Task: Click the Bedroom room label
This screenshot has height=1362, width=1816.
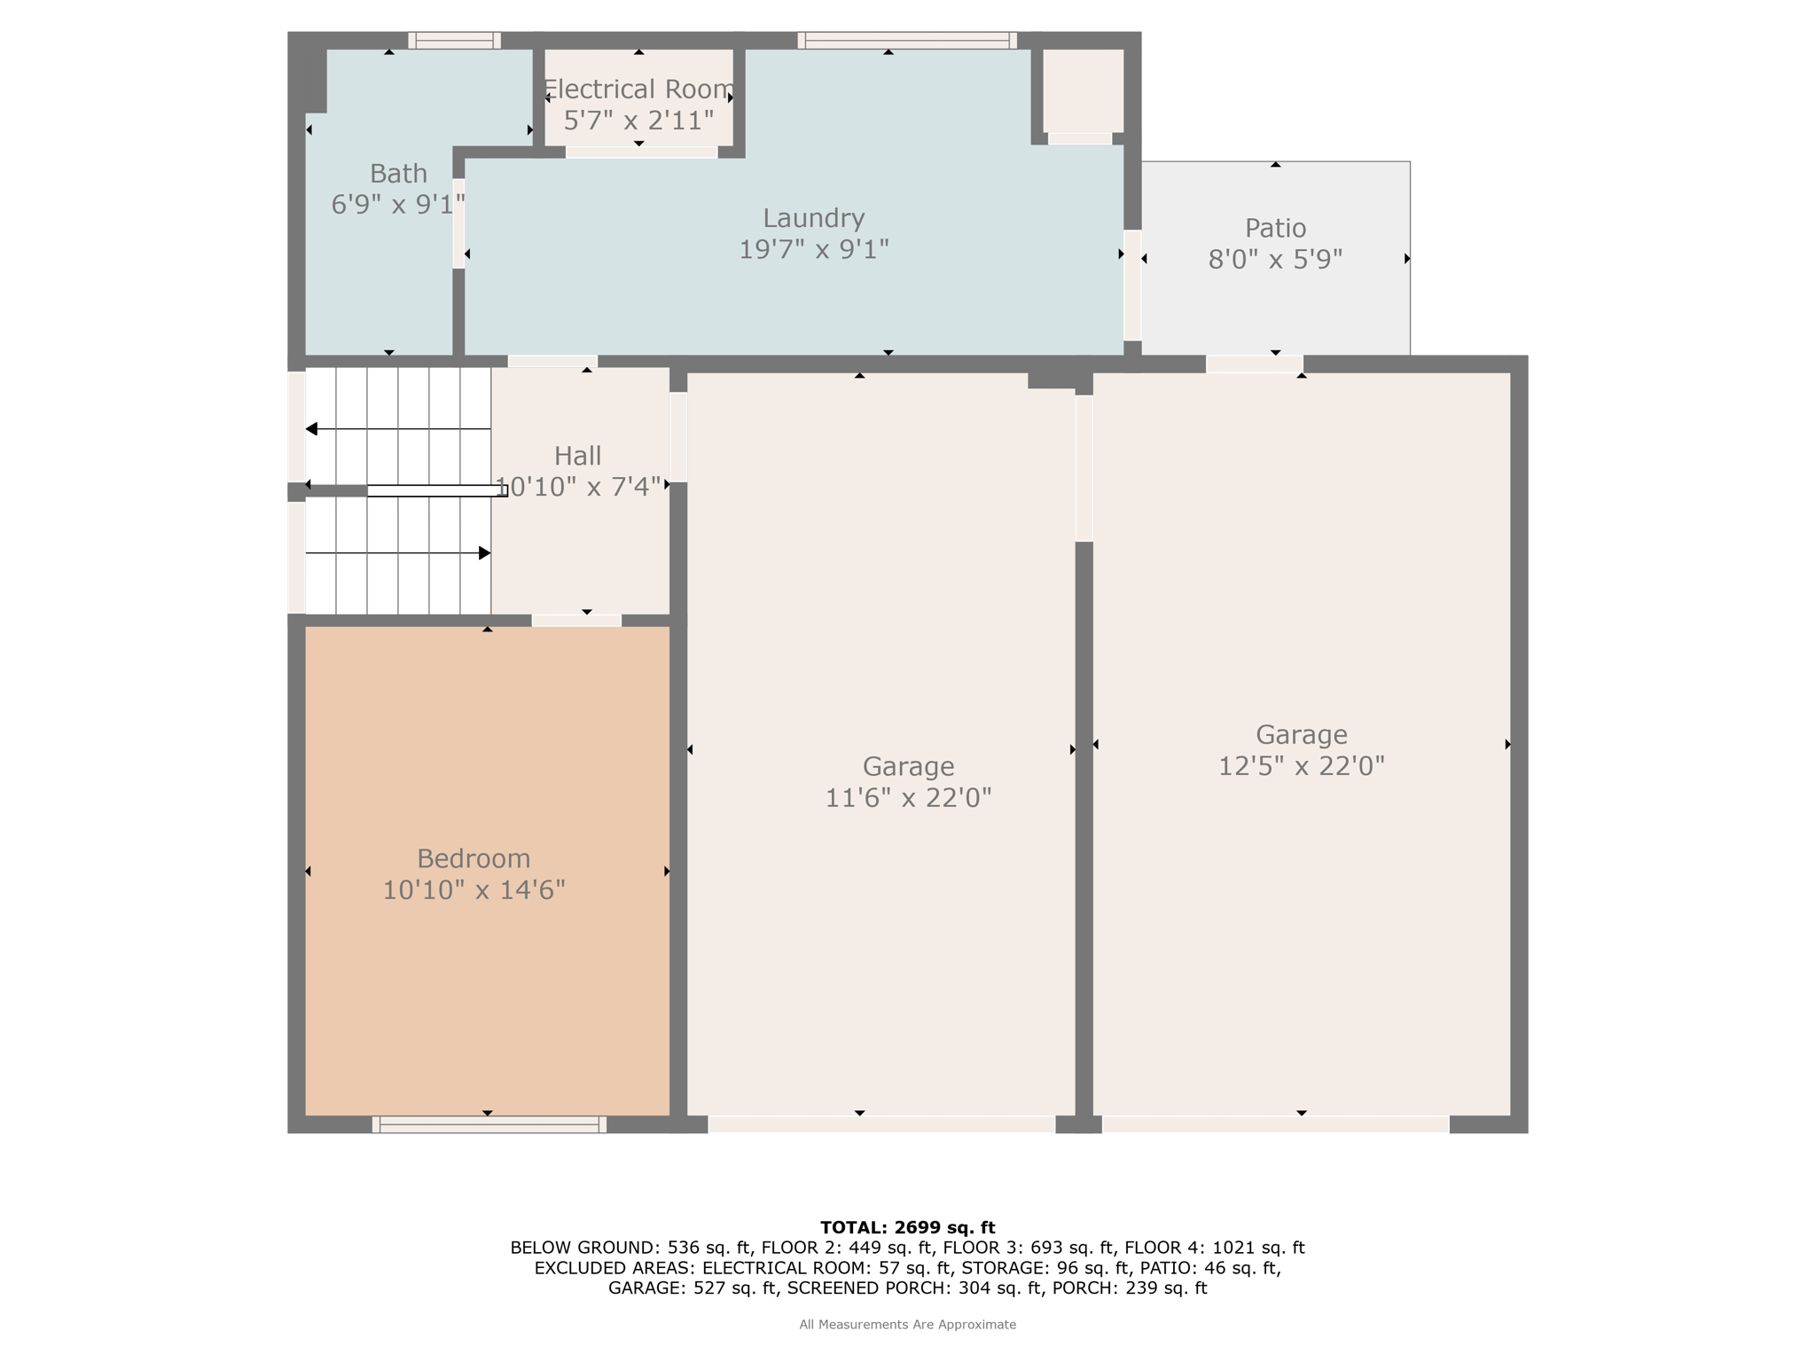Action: pos(474,858)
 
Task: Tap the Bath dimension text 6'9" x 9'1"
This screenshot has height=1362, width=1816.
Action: pos(398,205)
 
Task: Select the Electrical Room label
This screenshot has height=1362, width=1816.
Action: pos(638,90)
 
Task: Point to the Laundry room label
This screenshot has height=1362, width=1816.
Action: pos(814,218)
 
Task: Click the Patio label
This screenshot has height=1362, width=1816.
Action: pos(1275,228)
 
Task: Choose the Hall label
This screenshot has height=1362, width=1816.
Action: pos(577,456)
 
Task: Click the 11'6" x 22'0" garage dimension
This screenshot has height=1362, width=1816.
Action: pos(908,798)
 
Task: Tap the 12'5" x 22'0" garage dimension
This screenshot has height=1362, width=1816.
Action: pos(1301,766)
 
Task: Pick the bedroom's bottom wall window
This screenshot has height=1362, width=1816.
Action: pos(489,1124)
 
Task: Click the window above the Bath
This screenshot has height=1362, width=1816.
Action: pos(454,41)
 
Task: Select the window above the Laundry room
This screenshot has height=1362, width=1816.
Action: pos(907,41)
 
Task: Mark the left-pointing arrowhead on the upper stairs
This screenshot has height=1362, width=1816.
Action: pos(311,429)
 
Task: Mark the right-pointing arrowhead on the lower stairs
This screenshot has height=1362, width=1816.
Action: pos(485,553)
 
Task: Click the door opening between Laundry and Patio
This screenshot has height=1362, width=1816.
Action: pos(1132,285)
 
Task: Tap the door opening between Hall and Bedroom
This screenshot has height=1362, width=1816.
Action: pos(576,621)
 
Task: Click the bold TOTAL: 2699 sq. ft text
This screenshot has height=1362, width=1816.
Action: pos(907,1227)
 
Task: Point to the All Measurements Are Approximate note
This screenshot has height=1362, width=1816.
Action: pos(907,1325)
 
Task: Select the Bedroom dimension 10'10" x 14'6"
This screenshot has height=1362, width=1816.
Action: pos(474,890)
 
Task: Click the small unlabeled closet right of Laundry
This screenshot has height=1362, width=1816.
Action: pos(1083,90)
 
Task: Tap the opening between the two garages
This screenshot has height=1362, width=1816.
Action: pos(1084,468)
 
